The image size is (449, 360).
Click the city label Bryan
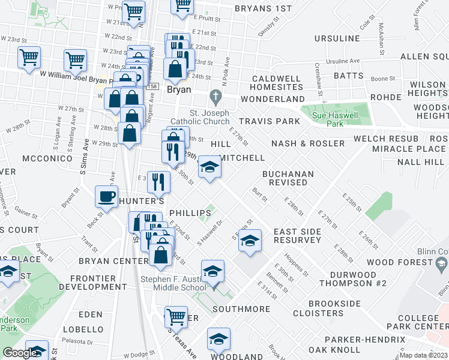click(x=178, y=89)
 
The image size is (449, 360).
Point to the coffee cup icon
click(x=107, y=196)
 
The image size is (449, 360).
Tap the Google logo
click(x=20, y=353)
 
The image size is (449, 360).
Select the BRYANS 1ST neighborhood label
click(x=263, y=8)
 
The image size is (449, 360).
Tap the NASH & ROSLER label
click(x=308, y=143)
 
